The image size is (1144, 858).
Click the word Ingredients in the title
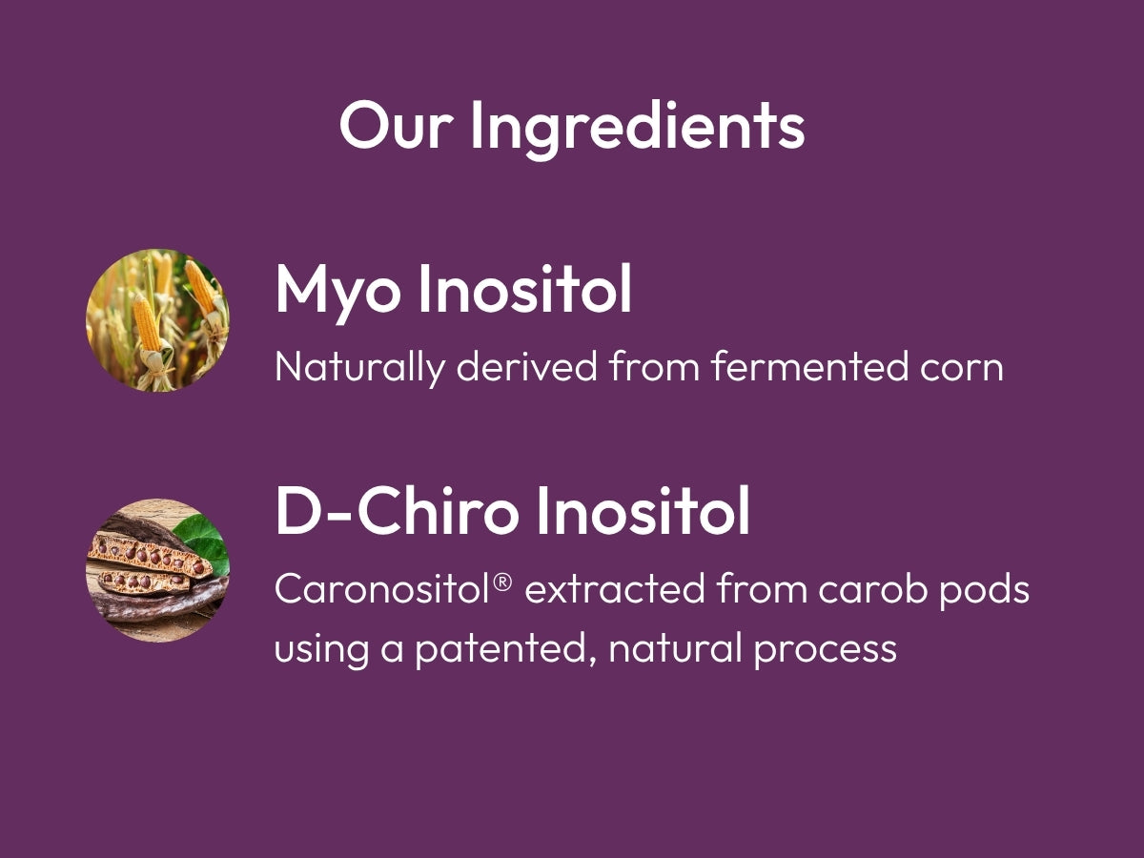[638, 129]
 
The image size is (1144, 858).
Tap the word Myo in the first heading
[337, 292]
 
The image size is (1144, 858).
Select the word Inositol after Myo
[525, 288]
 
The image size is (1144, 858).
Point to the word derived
[526, 366]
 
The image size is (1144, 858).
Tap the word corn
[961, 369]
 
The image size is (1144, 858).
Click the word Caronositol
[382, 589]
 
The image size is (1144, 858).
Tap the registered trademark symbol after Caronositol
[501, 582]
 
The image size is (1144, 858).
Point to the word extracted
[615, 589]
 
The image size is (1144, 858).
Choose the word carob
[872, 588]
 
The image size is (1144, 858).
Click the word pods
[985, 591]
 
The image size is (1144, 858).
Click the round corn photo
[157, 320]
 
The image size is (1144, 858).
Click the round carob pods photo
[157, 570]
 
